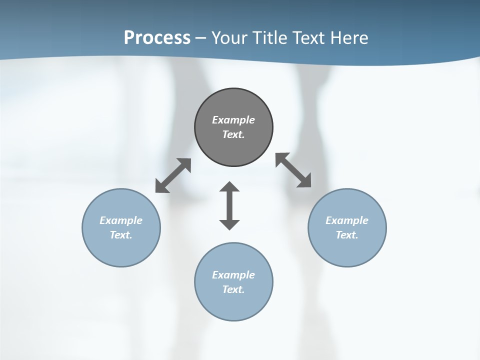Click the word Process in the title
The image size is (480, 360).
157,38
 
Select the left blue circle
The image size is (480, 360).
121,250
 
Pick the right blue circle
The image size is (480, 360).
347,250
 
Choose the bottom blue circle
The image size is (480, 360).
233,305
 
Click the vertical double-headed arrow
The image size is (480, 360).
229,205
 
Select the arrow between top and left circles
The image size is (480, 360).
173,175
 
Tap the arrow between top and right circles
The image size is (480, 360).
293,170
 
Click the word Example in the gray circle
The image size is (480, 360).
233,120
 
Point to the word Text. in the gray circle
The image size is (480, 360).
233,134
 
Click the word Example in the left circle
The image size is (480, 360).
121,220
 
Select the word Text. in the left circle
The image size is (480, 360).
121,235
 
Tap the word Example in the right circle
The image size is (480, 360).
347,220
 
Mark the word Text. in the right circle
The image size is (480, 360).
347,235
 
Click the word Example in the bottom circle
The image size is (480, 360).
233,275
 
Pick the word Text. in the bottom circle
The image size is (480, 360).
233,289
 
